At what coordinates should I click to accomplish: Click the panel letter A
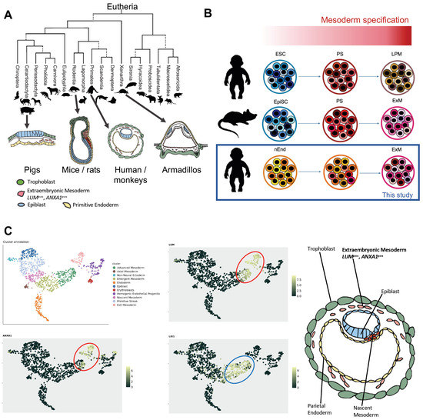click(7, 12)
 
